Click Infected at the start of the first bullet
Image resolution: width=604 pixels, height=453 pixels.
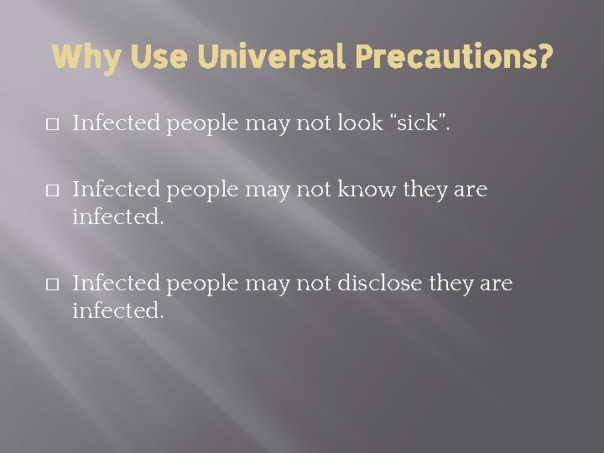pos(117,123)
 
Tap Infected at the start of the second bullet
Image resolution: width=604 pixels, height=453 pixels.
pos(117,190)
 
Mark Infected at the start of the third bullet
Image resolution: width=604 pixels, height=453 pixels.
pos(117,284)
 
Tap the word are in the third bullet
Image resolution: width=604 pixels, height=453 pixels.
pos(496,284)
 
